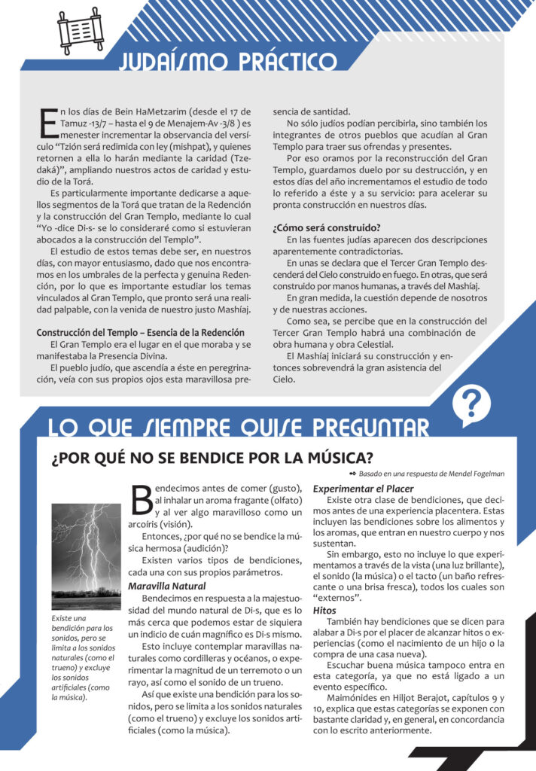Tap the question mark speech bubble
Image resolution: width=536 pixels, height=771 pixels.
tap(471, 404)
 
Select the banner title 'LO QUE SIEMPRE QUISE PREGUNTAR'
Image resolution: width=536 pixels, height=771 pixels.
tap(239, 428)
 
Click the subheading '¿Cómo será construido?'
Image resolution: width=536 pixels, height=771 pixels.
tap(326, 227)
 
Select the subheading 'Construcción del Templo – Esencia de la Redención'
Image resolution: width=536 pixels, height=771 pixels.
tap(141, 332)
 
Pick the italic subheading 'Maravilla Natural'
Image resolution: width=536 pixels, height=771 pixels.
tap(167, 585)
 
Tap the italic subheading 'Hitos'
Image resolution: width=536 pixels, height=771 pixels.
tap(324, 610)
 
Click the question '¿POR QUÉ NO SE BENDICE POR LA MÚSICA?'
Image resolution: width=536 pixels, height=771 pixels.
tap(213, 458)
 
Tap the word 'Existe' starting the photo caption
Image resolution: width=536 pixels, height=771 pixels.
tap(62, 619)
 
